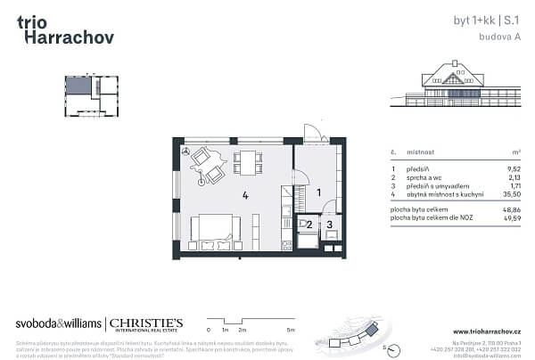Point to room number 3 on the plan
(x=329, y=225)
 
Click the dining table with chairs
(x=245, y=162)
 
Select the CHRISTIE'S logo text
(x=147, y=323)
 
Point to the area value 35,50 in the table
(x=512, y=193)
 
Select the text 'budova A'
(x=501, y=37)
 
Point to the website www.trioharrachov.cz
(x=490, y=331)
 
